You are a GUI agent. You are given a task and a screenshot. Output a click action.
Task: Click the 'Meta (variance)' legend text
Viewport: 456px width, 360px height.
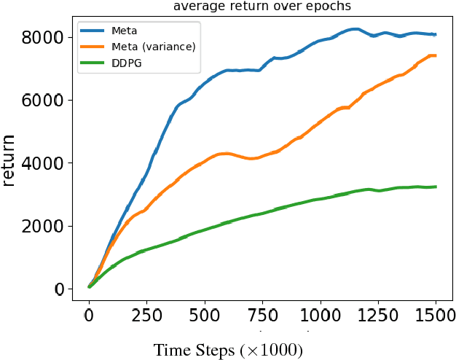(154, 47)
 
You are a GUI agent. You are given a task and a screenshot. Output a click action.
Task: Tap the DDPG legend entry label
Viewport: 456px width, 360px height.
(126, 63)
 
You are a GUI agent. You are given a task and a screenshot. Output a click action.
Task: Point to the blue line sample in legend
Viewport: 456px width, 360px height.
(94, 32)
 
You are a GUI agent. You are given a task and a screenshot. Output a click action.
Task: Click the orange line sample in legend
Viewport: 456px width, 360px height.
(94, 48)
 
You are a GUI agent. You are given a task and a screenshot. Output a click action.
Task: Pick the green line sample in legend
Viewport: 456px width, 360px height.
(94, 64)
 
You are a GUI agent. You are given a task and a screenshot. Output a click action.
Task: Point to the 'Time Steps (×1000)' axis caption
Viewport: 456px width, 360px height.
(227, 350)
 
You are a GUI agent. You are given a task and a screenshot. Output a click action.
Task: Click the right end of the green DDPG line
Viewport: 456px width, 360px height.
(436, 187)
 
